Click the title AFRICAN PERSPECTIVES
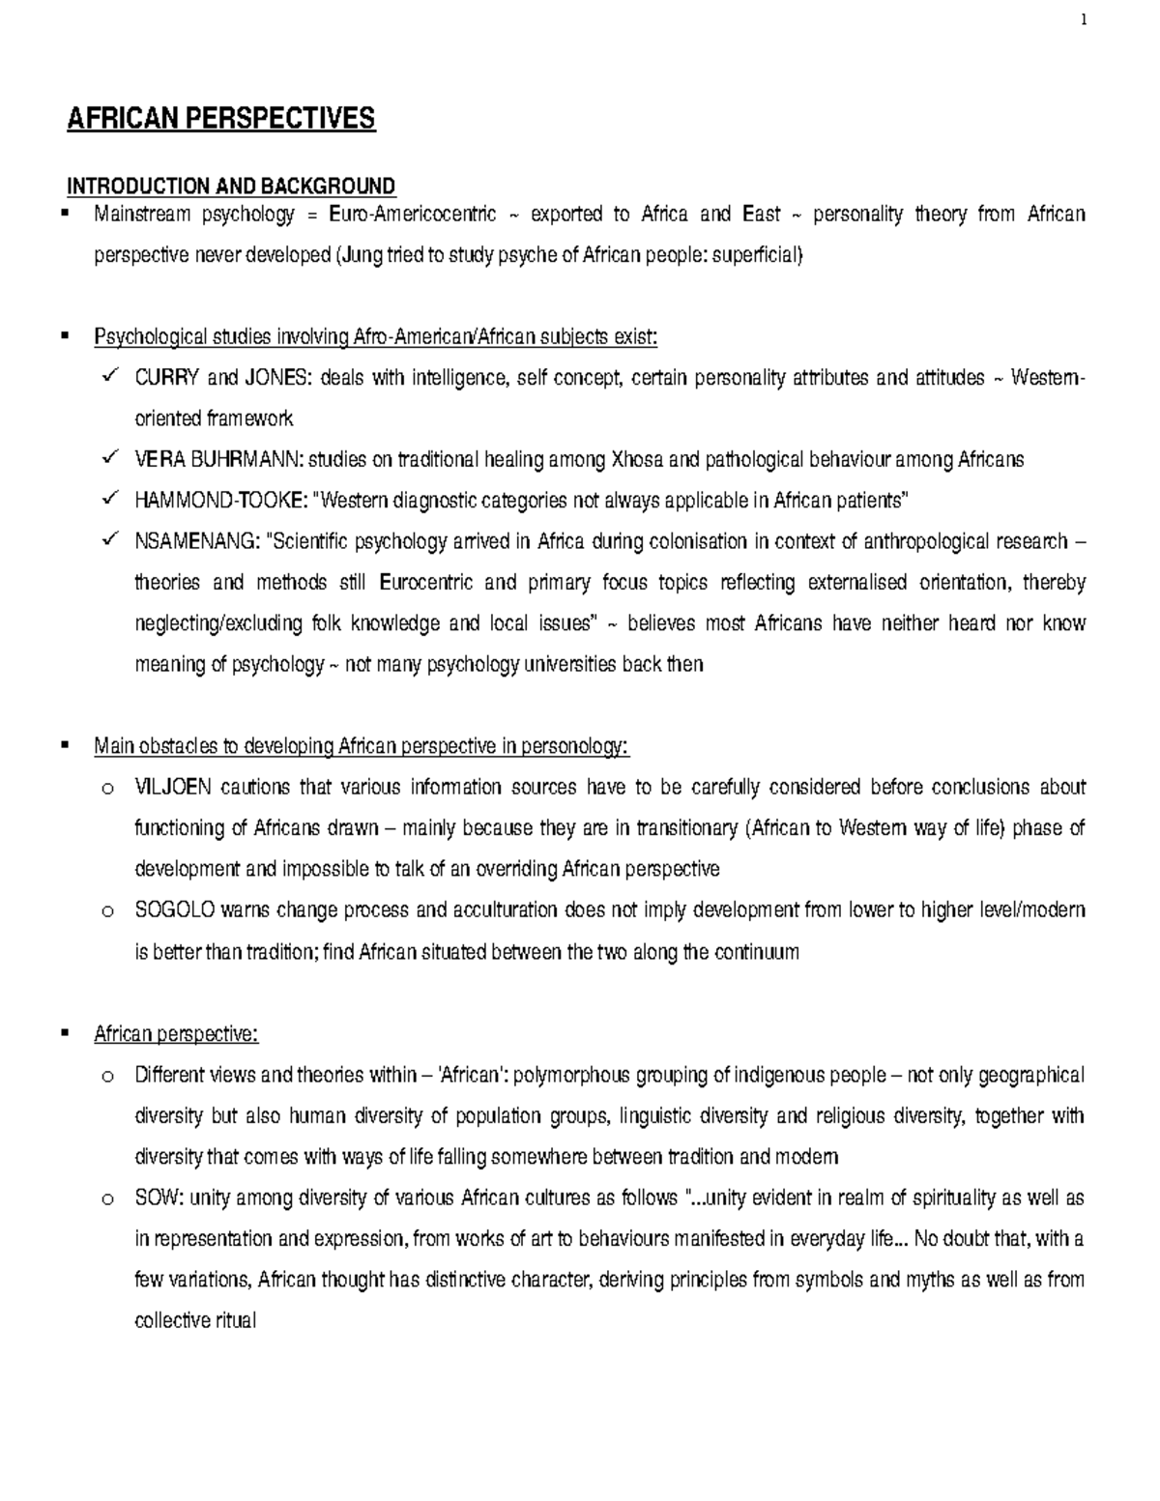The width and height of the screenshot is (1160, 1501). tap(219, 119)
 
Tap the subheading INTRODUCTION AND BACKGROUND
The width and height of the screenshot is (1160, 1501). tap(230, 186)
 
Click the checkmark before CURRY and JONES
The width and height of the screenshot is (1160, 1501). tap(107, 376)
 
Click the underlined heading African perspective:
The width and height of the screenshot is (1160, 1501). tap(176, 1034)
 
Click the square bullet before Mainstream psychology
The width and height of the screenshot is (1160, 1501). tap(66, 214)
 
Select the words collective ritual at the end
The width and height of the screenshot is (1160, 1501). tap(195, 1321)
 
